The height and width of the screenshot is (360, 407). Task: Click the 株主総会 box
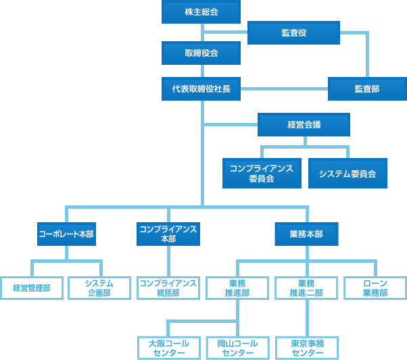pos(201,11)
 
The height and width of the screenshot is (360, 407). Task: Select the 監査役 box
pos(293,32)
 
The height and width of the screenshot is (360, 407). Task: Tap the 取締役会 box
pos(201,53)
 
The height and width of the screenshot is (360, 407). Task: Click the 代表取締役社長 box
pos(201,88)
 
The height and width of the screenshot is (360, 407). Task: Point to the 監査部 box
pos(367,88)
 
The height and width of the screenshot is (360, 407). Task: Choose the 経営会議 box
pos(304,125)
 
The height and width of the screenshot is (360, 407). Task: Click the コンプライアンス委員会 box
pos(262,173)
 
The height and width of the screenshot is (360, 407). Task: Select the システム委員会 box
pos(348,173)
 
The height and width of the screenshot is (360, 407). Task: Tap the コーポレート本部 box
pos(66,234)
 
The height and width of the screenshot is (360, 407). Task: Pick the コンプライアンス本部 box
pos(168,234)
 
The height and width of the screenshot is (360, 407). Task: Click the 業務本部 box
pos(306,234)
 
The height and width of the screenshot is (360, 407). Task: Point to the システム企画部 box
pos(99,288)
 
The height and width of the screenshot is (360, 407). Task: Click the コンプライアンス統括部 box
pos(168,288)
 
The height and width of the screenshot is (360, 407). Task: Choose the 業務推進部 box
pos(237,288)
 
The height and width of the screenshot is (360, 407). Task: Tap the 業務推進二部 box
pos(306,288)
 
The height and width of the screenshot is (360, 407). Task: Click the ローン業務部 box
pos(375,288)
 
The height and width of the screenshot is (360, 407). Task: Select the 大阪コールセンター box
pos(169,348)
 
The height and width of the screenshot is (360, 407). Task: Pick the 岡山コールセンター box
pos(237,348)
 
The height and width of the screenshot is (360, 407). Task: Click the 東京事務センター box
pos(306,348)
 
